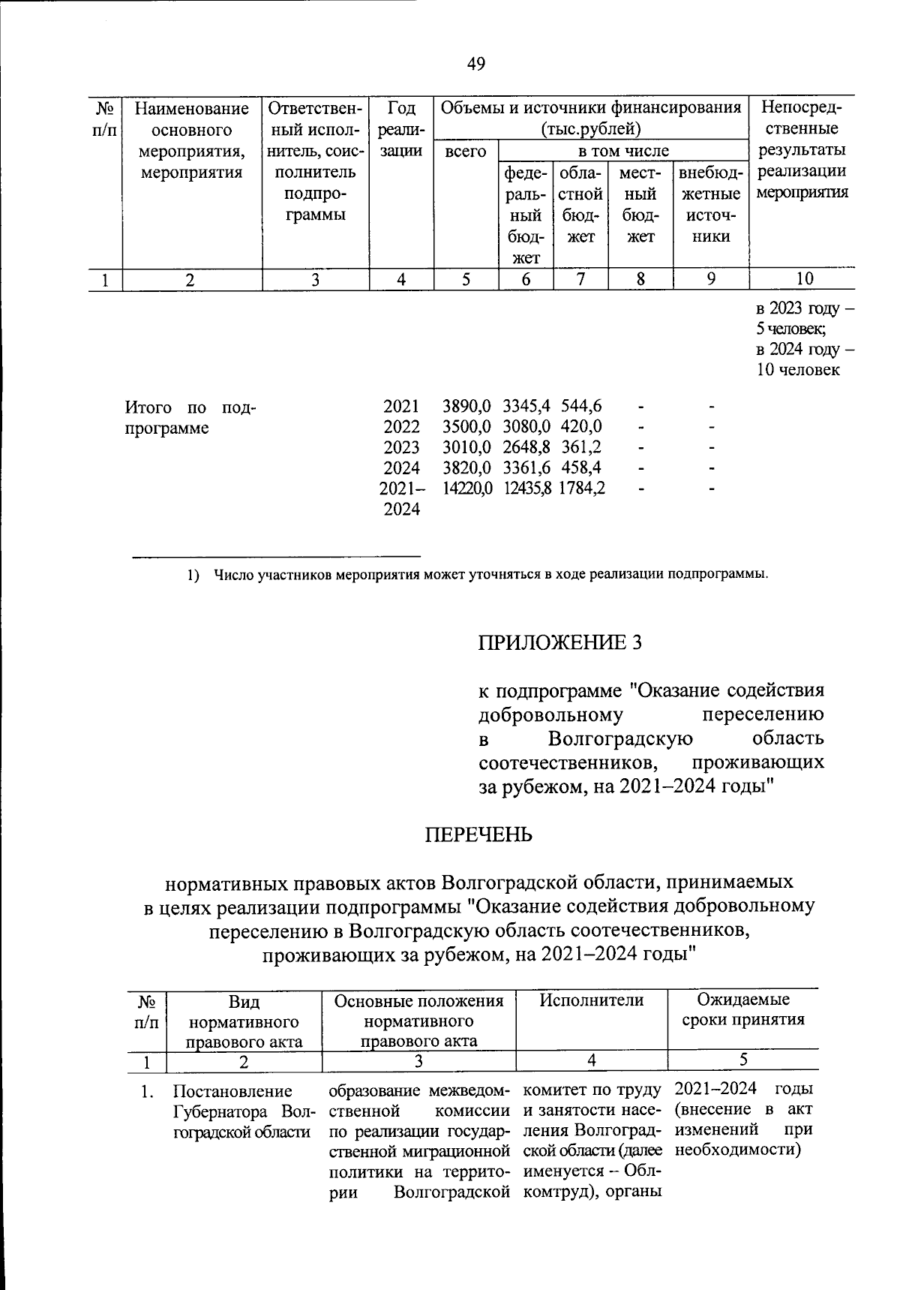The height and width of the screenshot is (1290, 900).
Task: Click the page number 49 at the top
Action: click(x=475, y=65)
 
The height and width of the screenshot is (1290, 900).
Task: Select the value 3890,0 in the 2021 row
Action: click(x=466, y=407)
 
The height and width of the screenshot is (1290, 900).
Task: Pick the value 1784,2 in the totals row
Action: click(x=581, y=489)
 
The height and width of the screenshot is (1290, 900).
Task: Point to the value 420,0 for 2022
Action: click(x=581, y=427)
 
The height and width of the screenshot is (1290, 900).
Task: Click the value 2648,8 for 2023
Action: click(x=526, y=447)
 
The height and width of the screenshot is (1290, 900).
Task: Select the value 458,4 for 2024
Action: click(x=581, y=468)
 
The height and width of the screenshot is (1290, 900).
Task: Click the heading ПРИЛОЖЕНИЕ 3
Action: click(x=560, y=643)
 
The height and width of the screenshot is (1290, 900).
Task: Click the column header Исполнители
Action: click(x=591, y=1000)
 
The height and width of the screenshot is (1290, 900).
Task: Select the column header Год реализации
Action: click(x=402, y=129)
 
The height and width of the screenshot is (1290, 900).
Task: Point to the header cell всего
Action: click(x=466, y=152)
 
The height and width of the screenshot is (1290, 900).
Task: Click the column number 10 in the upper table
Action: click(x=803, y=280)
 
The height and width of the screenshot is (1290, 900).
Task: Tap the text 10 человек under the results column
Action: click(x=797, y=370)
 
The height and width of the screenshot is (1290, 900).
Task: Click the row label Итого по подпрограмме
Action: click(x=190, y=418)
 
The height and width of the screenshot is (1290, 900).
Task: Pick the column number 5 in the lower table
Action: click(x=742, y=1061)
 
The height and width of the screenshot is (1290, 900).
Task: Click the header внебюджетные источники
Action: click(x=710, y=205)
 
